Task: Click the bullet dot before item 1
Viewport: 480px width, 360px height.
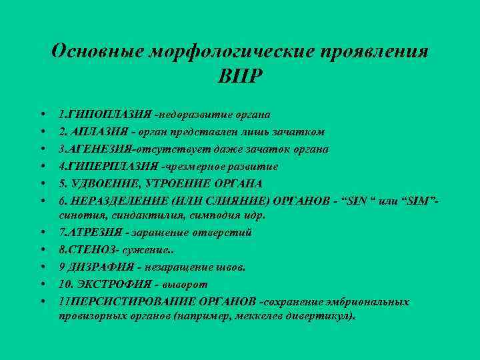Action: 42,115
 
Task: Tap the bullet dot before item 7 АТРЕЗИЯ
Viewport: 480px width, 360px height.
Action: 42,233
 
